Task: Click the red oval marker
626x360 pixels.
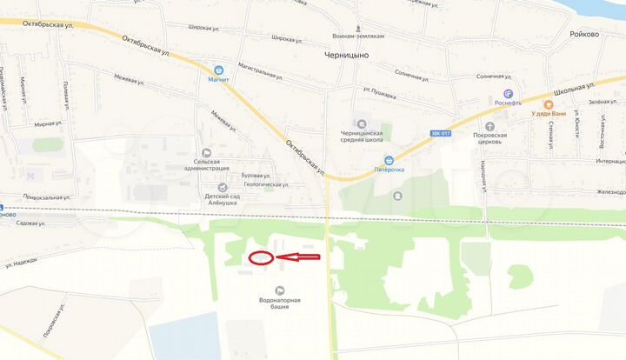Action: (x=261, y=257)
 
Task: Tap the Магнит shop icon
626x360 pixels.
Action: (x=218, y=69)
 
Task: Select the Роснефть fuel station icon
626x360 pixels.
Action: (x=509, y=93)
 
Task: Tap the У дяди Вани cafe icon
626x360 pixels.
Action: (x=549, y=103)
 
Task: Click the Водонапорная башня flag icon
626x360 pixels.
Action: (x=279, y=290)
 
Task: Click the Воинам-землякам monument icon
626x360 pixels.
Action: (x=357, y=25)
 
